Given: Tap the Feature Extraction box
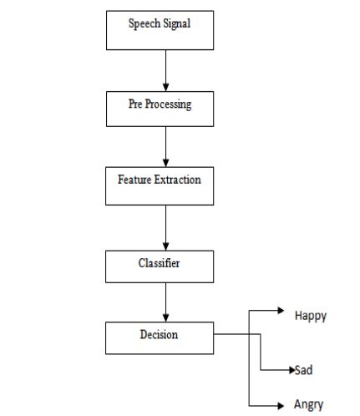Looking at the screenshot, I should point(160,185).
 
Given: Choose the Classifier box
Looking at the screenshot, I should point(160,266).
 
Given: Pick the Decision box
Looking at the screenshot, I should point(160,337).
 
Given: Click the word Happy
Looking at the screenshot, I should point(310,316).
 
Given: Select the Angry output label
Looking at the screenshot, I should point(308,405).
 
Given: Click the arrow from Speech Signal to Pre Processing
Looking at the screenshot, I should point(166,68).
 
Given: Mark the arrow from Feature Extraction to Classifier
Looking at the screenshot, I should point(166,226).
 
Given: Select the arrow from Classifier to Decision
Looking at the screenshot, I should point(166,302).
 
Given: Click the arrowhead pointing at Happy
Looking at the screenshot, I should point(280,310).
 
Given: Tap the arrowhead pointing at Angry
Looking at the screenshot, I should point(282,404).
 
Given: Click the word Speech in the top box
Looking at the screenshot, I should point(142,23).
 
